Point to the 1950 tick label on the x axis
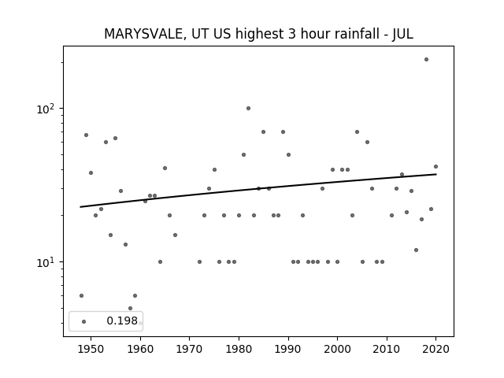(x=91, y=349)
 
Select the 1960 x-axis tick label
(x=140, y=349)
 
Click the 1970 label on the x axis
(x=189, y=349)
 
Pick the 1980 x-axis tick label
(x=239, y=349)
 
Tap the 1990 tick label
(x=288, y=349)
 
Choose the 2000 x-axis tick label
(x=338, y=349)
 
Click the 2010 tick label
(x=387, y=349)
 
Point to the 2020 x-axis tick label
(x=435, y=349)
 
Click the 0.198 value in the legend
(x=122, y=321)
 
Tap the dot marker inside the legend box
(x=84, y=321)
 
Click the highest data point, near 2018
(x=426, y=60)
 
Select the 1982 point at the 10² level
(x=249, y=109)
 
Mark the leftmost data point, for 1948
(x=81, y=296)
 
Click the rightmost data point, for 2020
(x=435, y=166)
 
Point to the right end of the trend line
(x=436, y=174)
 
